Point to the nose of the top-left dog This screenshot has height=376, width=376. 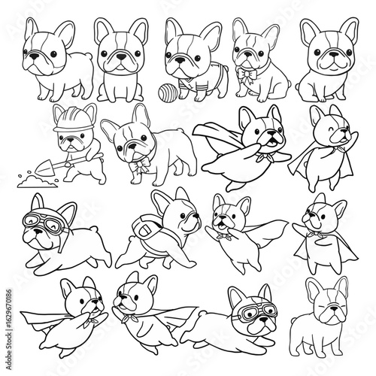point(33,55)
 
